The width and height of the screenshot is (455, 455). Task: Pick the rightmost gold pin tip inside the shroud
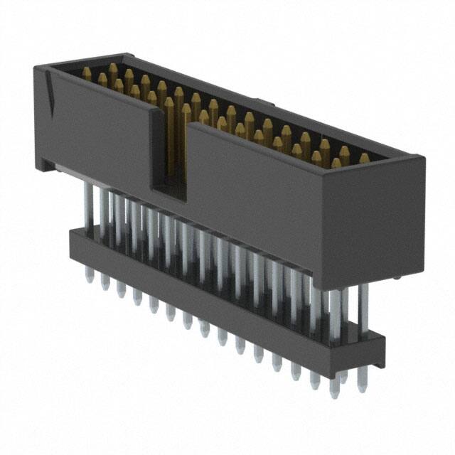click(364, 159)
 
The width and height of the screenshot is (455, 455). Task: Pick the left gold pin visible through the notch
click(169, 135)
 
